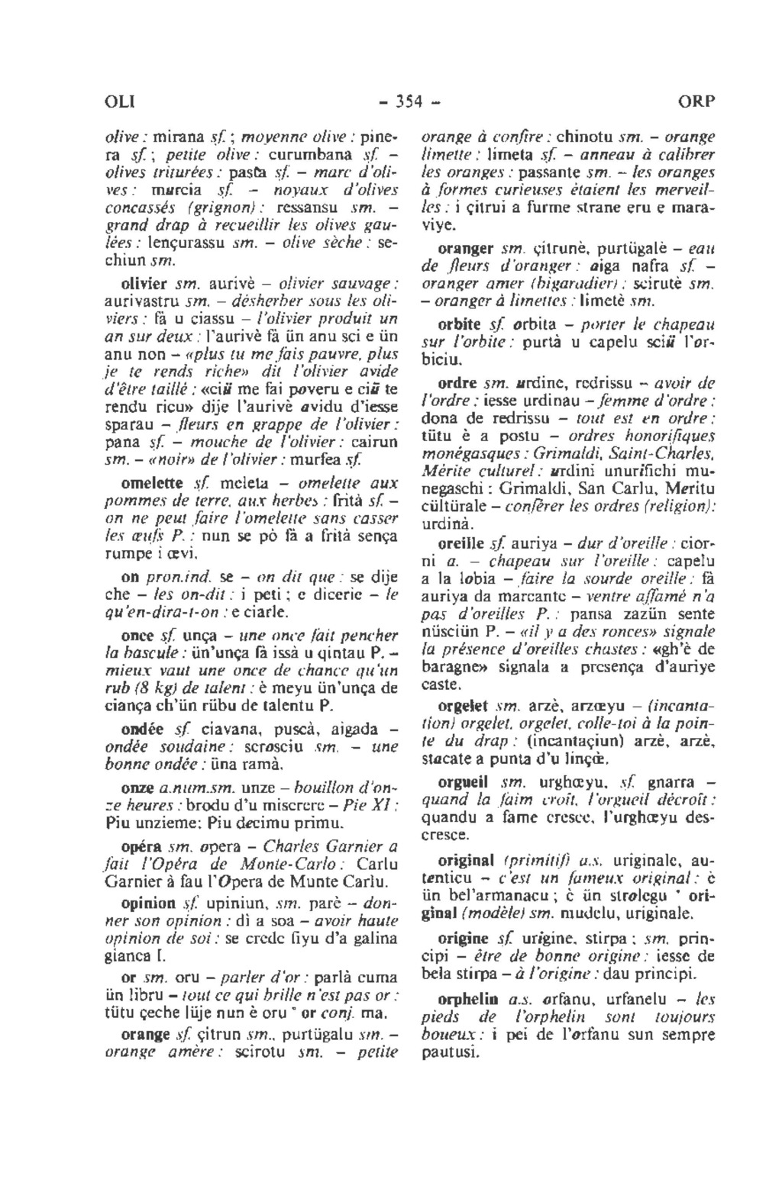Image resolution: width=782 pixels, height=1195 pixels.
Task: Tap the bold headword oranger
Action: (465, 249)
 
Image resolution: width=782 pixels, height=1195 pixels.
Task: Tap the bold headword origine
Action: (463, 934)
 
